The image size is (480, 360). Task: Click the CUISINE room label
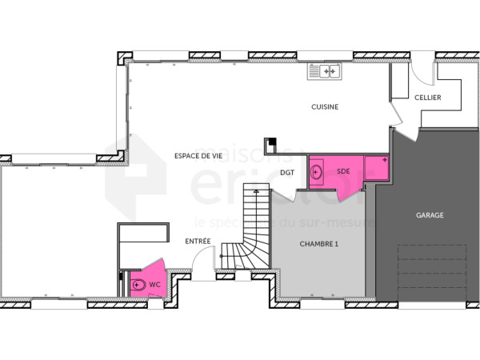[325, 106]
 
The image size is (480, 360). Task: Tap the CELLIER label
[427, 98]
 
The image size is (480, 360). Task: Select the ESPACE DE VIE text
[198, 156]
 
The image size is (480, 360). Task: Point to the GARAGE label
[430, 214]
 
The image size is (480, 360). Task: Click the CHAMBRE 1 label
[319, 243]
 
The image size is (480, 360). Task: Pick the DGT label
[288, 172]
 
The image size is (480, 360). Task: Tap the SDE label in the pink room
[343, 171]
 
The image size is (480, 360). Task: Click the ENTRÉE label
[198, 241]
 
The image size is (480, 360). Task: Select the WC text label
[155, 284]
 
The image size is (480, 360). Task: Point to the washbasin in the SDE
[318, 171]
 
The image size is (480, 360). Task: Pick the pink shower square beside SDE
[375, 169]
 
